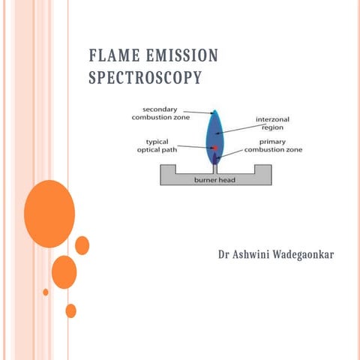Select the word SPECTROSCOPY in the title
pos(145,77)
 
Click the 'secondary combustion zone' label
pos(155,114)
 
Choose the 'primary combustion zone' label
pos(274,145)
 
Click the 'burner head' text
pos(215,180)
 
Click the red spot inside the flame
pos(214,148)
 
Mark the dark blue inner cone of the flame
pos(215,158)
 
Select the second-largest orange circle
pos(64,272)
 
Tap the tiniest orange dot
pos(46,292)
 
